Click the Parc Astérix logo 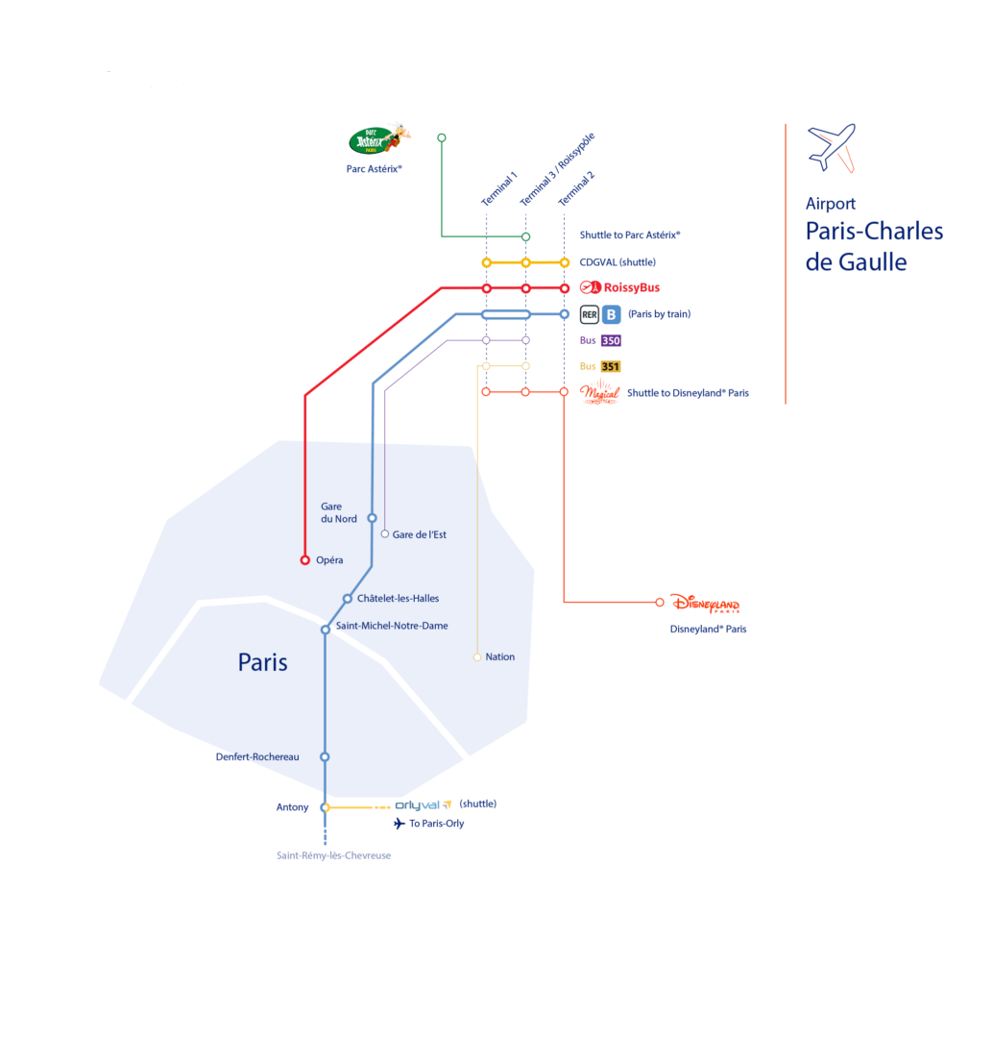click(x=378, y=140)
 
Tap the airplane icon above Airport click(x=832, y=146)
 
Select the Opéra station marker click(x=305, y=559)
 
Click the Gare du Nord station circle click(x=372, y=517)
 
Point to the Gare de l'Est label click(x=420, y=534)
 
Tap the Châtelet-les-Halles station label click(x=398, y=598)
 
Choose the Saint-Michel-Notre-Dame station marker click(x=326, y=630)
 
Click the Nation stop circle click(x=477, y=657)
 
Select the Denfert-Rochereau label click(x=257, y=756)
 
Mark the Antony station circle click(x=326, y=807)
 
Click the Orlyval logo click(x=424, y=804)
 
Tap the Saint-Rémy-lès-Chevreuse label click(x=333, y=855)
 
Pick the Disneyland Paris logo click(x=705, y=604)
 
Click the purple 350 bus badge click(x=611, y=340)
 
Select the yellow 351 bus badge click(x=611, y=366)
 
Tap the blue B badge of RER click(x=612, y=313)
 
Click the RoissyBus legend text click(x=631, y=287)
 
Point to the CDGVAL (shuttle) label click(x=618, y=262)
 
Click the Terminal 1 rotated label click(x=499, y=188)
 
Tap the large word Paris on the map click(x=262, y=662)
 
